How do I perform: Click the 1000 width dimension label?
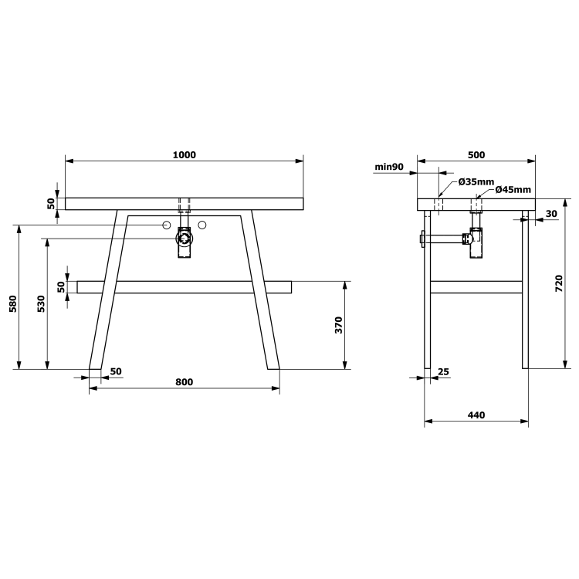[184, 154]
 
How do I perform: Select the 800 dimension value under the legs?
[184, 382]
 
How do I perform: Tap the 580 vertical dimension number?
[12, 304]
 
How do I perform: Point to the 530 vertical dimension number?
[42, 304]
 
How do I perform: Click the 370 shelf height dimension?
[339, 325]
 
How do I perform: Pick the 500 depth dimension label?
[476, 154]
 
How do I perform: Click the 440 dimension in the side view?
[476, 415]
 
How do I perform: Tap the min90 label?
[389, 166]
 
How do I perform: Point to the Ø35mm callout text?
[476, 181]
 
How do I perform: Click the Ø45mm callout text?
[513, 190]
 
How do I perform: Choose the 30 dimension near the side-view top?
[551, 213]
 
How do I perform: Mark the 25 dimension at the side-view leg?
[443, 372]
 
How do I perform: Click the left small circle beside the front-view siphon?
[166, 225]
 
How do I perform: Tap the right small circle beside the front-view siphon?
[202, 225]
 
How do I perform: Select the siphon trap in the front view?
[185, 241]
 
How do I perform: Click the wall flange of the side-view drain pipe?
[422, 239]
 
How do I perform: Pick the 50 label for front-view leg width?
[116, 371]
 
